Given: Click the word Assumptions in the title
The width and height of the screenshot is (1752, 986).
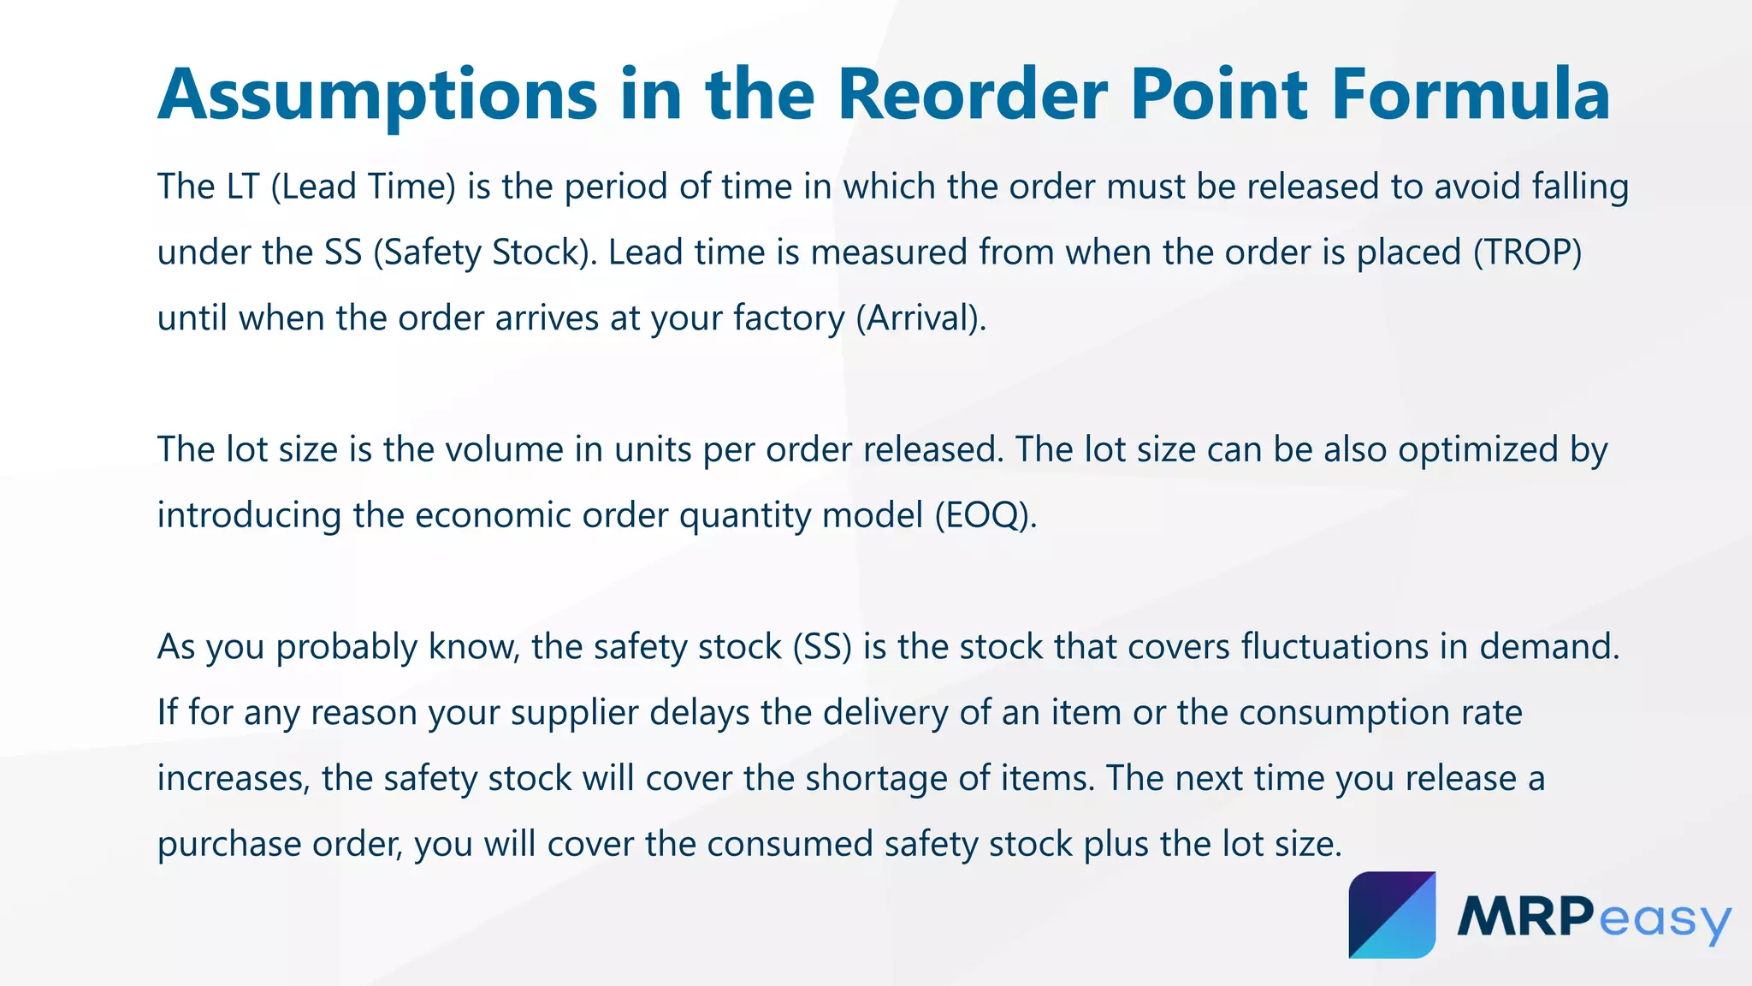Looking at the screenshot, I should (377, 96).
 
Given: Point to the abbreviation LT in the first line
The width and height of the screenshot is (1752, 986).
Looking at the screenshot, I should (241, 187).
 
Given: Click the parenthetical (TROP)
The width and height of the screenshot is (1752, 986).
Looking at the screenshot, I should (1527, 252).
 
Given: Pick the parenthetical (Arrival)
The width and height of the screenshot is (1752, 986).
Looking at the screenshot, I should (921, 318).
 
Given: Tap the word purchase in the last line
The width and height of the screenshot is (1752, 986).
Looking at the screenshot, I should (228, 844).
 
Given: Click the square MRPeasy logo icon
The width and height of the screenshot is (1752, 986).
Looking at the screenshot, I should (1392, 915).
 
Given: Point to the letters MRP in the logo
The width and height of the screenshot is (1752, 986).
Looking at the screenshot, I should (1524, 916).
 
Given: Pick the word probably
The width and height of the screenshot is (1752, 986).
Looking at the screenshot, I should (346, 647).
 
